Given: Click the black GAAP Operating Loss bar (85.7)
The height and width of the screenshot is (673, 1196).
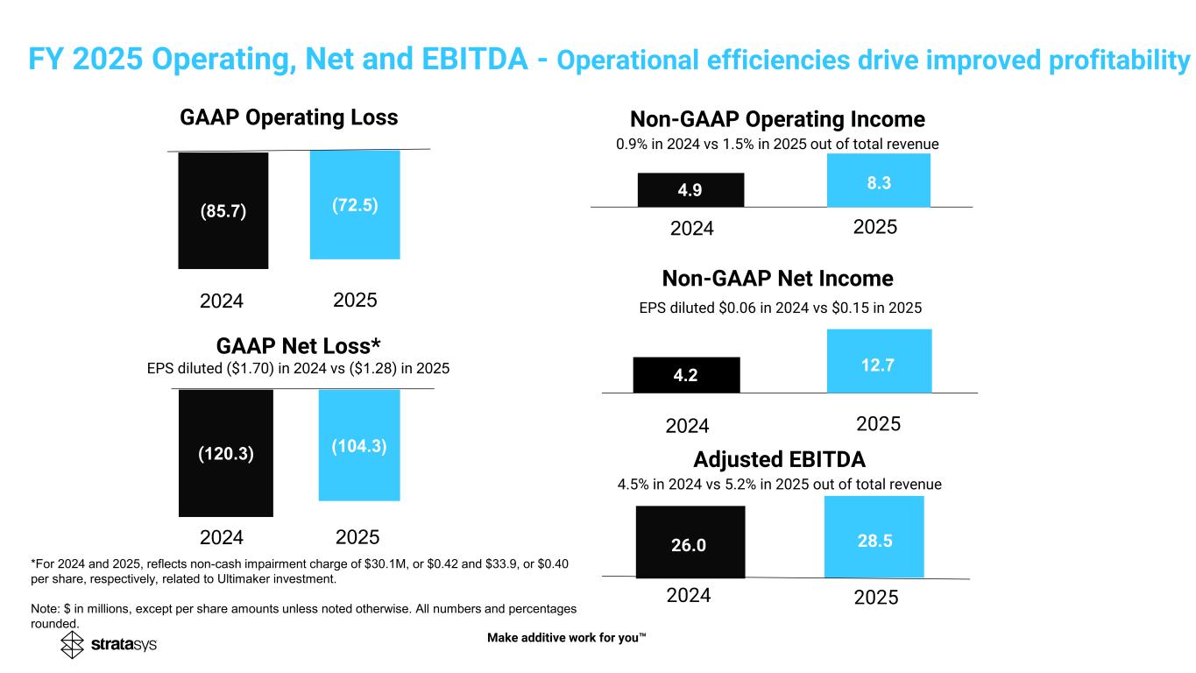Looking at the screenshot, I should pos(223,210).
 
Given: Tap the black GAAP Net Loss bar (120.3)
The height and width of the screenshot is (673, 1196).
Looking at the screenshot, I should pos(225,453).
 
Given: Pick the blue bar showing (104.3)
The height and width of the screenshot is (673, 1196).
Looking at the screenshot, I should pos(359,445).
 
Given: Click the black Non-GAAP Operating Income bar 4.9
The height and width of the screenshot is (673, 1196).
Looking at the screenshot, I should pos(690,189).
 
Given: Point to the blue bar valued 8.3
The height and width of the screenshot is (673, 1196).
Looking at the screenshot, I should pos(879,180).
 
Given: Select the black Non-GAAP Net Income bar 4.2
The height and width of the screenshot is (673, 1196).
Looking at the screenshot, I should pos(686,375).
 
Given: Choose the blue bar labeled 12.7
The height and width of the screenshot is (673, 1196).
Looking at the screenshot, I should pos(879,361).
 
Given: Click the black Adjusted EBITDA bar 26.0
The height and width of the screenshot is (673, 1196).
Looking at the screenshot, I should pos(690,542).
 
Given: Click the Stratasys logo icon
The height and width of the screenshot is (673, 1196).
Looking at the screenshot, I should pos(73,646).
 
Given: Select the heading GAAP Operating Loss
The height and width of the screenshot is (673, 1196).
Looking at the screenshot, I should pos(289,117).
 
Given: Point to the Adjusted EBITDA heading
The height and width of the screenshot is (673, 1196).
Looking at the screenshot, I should pos(779,459).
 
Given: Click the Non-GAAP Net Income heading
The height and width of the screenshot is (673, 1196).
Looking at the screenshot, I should pos(777,279).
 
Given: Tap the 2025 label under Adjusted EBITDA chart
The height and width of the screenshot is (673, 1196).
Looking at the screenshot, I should pos(876,597).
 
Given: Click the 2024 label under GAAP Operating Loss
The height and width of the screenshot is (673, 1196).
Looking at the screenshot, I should pos(222,301).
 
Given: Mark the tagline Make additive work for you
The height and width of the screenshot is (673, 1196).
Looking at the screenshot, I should pos(566,637).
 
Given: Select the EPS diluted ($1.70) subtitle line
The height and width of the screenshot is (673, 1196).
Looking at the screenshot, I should pos(298,369).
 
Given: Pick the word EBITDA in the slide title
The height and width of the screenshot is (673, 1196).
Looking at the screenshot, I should pos(478,60).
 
